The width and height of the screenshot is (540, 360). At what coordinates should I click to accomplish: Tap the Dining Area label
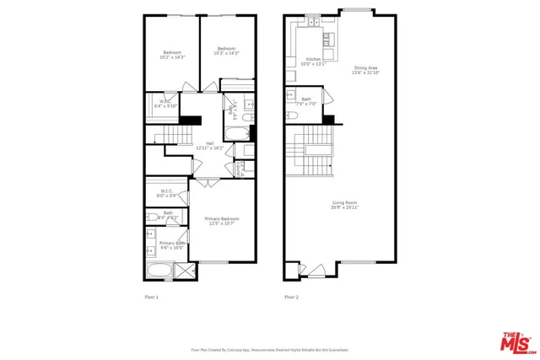[365, 70]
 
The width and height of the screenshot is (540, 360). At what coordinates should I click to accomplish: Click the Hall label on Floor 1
[209, 145]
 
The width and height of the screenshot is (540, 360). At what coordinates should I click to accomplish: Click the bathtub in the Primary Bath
[158, 271]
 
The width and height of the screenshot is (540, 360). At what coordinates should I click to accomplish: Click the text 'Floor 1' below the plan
[151, 297]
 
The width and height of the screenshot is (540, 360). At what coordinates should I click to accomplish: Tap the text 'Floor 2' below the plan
[291, 297]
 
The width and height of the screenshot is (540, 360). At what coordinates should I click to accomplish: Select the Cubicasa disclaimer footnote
[269, 349]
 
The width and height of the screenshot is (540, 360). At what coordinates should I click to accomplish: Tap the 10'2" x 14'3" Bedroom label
[171, 56]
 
